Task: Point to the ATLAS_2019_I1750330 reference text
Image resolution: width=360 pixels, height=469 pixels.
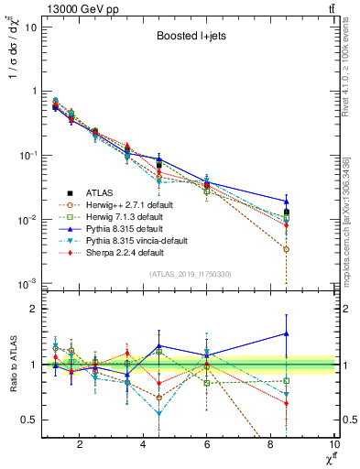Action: [191, 274]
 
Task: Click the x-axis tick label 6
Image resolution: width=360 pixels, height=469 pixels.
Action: [207, 445]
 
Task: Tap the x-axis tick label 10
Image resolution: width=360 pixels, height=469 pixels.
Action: [333, 445]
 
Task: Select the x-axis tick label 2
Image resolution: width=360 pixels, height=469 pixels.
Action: [80, 445]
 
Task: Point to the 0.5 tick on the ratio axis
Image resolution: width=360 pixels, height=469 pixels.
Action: [30, 420]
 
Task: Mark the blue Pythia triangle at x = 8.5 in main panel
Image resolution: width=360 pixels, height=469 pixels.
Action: [287, 202]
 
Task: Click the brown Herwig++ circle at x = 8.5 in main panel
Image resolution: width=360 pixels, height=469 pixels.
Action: [287, 249]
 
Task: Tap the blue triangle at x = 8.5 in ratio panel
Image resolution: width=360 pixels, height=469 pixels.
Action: [287, 334]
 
